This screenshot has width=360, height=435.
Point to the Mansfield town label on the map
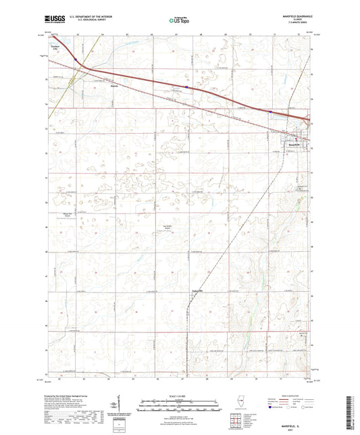click(x=294, y=143)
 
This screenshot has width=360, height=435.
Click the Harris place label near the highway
click(x=114, y=86)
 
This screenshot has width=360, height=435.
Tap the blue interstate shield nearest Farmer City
click(x=78, y=60)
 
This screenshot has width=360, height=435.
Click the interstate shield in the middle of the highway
click(x=186, y=86)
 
